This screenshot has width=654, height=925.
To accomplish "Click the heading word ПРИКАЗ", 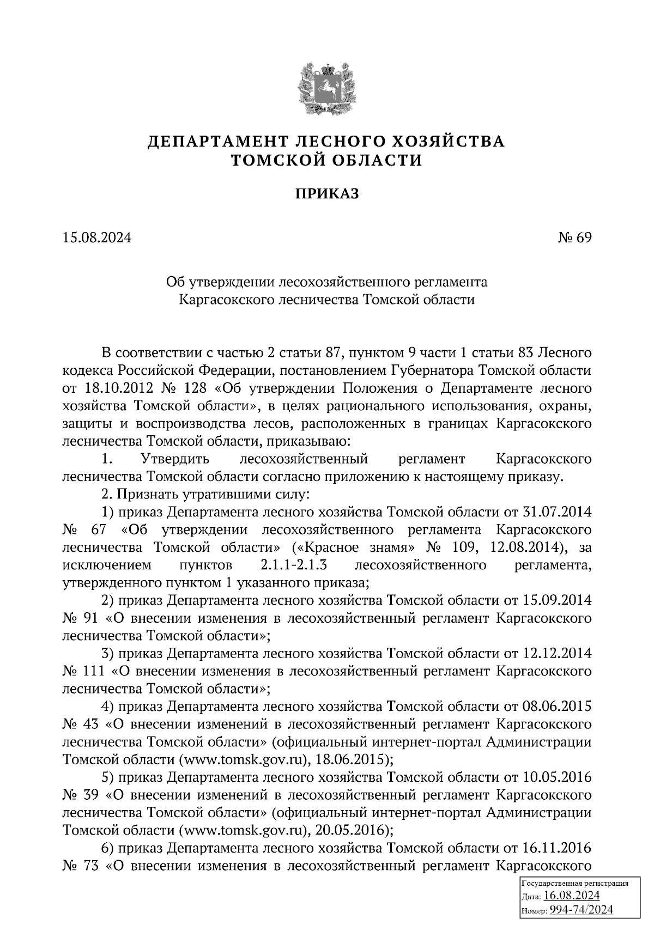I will click(327, 193).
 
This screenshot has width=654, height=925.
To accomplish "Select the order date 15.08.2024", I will click(97, 238).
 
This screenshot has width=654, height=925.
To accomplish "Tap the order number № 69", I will click(574, 238).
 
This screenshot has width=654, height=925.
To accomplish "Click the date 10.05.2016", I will click(557, 777).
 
